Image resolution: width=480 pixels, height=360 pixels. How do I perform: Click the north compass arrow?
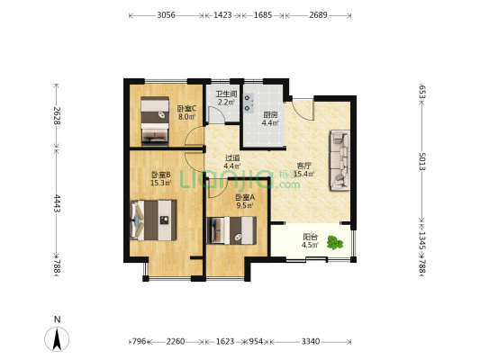[58, 339]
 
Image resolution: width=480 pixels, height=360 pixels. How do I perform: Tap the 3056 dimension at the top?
[166, 15]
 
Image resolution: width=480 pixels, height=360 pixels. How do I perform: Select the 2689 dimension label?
[319, 15]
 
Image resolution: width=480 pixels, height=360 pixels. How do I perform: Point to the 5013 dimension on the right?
[421, 162]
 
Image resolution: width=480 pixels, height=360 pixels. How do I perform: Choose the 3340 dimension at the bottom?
[310, 341]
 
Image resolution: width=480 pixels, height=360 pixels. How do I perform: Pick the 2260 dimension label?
[176, 341]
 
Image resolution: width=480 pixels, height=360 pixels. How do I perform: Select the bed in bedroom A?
[233, 230]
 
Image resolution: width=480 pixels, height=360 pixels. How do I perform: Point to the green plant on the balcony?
[336, 241]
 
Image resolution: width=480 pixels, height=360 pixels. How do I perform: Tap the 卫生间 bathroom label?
[225, 94]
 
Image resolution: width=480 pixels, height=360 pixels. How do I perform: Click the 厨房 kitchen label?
[270, 115]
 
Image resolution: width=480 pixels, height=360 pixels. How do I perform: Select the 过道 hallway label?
[231, 157]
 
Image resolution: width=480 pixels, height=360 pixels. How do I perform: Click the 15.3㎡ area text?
[161, 183]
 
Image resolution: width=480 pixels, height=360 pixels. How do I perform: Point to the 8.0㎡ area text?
[187, 116]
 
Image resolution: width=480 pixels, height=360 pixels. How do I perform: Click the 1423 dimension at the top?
[222, 15]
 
